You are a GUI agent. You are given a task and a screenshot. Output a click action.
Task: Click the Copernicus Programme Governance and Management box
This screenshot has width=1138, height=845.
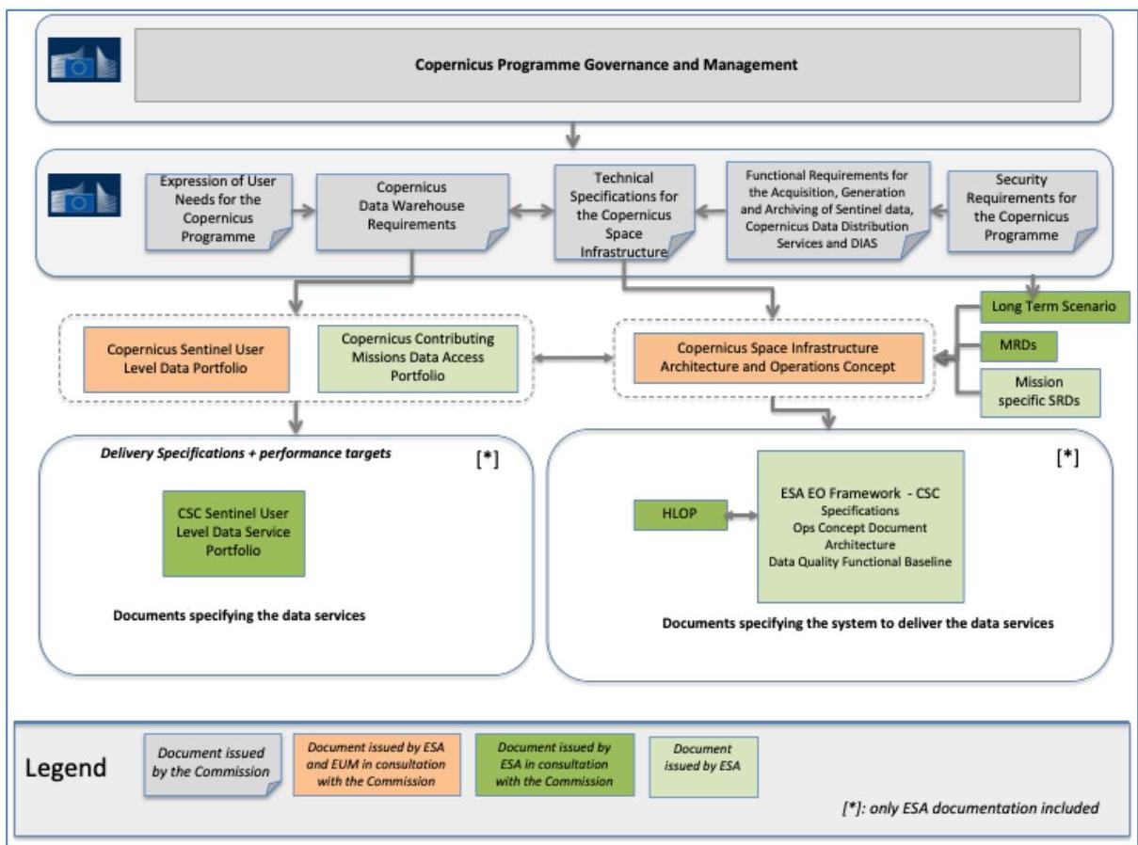[607, 65]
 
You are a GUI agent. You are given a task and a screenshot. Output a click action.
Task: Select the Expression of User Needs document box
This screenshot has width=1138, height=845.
[218, 212]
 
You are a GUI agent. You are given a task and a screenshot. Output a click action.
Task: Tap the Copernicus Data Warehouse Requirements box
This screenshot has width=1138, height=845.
[412, 212]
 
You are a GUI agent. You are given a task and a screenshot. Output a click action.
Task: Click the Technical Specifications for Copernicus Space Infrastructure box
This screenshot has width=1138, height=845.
[624, 213]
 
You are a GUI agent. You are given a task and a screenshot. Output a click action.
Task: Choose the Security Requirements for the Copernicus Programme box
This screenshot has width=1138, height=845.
[1022, 211]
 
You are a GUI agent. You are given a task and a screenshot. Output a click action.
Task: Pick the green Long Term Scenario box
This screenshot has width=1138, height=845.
[1055, 307]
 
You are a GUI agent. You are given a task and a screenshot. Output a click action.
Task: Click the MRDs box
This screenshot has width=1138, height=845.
[1018, 345]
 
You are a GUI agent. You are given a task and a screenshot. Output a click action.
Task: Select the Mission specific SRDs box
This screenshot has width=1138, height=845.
[1040, 392]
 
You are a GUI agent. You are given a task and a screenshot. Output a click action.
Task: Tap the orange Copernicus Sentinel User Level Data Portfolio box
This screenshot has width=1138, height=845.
[186, 359]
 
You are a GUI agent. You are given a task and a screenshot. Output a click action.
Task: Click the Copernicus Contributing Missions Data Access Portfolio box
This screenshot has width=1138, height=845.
[418, 359]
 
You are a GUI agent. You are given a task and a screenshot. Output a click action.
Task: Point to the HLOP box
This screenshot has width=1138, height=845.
[681, 515]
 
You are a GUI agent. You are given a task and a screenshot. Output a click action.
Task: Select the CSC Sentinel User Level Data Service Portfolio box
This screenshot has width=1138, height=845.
[233, 533]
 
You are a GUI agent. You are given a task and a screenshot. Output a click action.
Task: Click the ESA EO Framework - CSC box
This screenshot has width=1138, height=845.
[860, 526]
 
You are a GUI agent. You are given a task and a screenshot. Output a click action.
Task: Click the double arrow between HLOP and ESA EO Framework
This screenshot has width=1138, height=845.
[742, 515]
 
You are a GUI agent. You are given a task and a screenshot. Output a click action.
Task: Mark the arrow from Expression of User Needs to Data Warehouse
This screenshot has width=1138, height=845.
[304, 211]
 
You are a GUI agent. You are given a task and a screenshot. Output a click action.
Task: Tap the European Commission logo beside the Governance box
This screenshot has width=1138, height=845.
[84, 59]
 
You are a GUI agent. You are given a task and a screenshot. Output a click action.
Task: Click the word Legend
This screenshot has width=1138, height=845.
[66, 768]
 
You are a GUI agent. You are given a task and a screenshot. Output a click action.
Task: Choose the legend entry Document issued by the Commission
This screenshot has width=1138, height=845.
[213, 765]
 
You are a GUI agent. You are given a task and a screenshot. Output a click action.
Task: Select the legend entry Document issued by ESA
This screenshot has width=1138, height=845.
[703, 767]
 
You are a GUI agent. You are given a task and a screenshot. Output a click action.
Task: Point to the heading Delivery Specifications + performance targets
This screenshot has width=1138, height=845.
[246, 454]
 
